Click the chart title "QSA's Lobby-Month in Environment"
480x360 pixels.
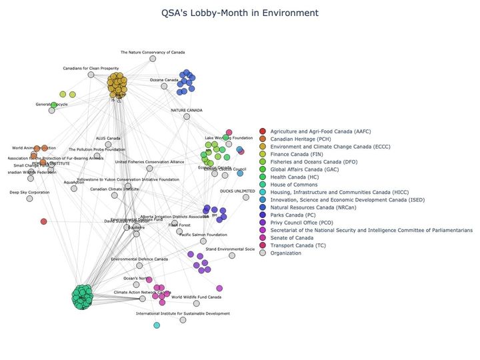point(240,13)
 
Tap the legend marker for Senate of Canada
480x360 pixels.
point(263,237)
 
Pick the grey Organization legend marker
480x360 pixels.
point(263,253)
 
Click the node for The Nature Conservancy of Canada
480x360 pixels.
point(153,59)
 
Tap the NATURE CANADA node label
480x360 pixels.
point(186,110)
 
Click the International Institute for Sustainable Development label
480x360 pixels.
point(183,313)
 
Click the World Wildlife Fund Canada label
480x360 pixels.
point(196,297)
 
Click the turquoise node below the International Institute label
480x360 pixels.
point(157,325)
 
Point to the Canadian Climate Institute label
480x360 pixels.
point(114,189)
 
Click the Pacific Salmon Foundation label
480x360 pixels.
point(203,235)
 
